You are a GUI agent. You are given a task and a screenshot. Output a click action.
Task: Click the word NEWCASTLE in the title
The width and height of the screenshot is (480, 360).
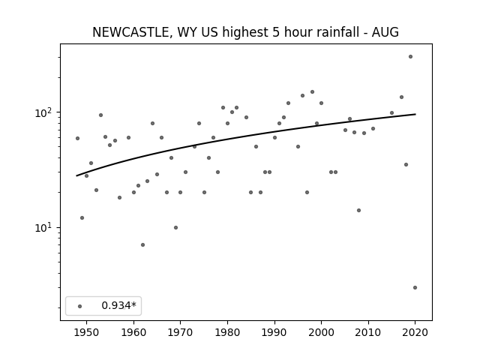coord(130,32)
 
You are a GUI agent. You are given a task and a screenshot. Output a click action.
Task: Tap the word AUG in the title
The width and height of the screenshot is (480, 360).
coord(385,32)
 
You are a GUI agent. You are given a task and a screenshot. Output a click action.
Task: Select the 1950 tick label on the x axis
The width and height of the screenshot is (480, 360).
coord(87,332)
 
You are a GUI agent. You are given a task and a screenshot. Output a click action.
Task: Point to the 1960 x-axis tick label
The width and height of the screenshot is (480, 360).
coord(133,332)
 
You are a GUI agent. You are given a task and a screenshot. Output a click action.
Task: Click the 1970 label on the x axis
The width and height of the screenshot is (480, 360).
coord(180,332)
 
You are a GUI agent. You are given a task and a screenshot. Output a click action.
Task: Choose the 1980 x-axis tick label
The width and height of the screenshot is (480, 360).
coord(227,332)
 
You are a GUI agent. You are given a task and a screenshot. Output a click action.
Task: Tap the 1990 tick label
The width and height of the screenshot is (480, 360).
coord(274,332)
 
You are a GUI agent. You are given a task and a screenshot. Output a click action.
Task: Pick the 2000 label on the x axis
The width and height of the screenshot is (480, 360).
coord(321,332)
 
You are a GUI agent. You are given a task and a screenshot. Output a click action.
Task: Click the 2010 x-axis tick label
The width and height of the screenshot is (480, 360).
coord(368,332)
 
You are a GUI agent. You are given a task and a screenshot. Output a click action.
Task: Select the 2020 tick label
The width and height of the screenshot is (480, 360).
coord(415,332)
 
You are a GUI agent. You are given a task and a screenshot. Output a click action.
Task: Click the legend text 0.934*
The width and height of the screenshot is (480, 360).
coord(118,305)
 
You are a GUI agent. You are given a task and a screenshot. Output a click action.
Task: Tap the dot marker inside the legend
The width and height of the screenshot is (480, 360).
coord(80,306)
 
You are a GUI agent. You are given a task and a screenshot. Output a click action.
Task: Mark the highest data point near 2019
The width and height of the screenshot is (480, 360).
coord(410,57)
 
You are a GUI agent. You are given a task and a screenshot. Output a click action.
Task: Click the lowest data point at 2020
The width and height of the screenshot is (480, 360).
coord(415,287)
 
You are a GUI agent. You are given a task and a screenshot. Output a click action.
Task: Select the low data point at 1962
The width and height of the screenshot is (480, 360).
coord(142,244)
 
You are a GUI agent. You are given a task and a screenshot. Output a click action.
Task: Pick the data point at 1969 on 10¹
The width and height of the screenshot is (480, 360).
coord(175,227)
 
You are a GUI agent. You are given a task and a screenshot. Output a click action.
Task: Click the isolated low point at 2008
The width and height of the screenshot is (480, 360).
coord(358,210)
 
